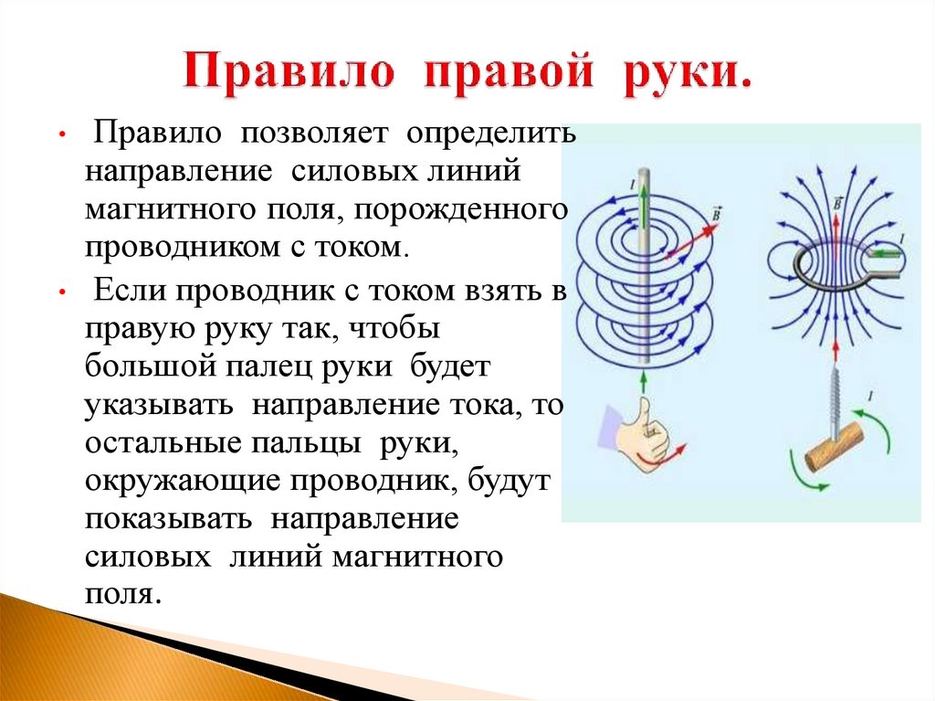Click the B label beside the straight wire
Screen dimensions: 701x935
(715, 213)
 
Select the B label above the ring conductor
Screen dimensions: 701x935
(838, 200)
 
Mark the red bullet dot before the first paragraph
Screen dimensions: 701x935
(59, 135)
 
